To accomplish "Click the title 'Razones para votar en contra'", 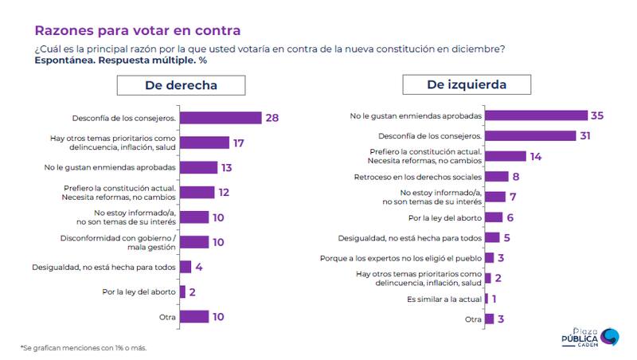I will click(x=136, y=31).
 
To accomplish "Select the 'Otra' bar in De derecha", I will click(x=194, y=316).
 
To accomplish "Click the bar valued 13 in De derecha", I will click(x=199, y=167).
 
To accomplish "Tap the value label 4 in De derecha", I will click(x=198, y=267).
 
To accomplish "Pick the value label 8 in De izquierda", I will click(x=516, y=176).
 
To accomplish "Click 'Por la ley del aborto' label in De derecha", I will click(x=139, y=292).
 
